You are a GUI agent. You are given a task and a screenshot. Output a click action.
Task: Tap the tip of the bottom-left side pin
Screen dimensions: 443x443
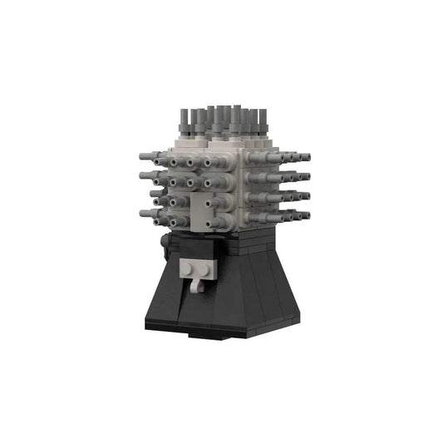tap(143, 214)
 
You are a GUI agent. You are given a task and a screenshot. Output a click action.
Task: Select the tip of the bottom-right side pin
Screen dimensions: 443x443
tap(306, 213)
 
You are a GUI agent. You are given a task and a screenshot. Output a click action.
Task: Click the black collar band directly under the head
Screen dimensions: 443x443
tap(224, 242)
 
